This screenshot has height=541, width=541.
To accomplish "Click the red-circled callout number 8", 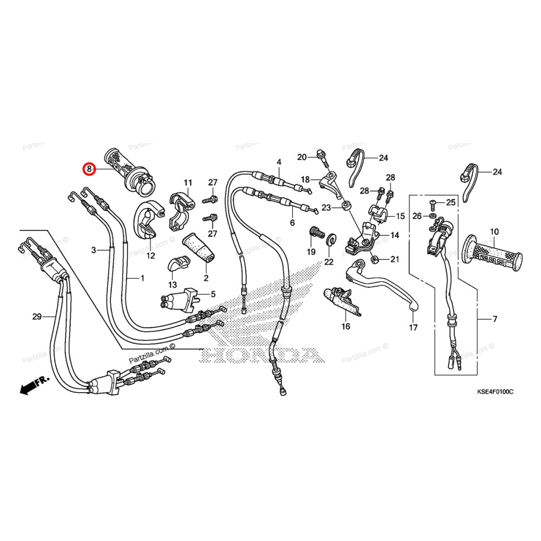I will [x=88, y=169].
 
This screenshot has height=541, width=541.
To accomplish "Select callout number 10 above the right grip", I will [x=494, y=232].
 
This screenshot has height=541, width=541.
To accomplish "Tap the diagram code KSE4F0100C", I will [x=494, y=391].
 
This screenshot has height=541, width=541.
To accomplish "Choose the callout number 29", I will [x=37, y=316].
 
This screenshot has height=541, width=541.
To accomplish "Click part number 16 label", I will [x=346, y=326].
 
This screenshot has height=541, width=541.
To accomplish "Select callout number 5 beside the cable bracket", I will [x=213, y=294].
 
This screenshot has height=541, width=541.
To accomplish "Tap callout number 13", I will [x=172, y=285].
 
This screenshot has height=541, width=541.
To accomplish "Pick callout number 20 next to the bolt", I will [x=302, y=157].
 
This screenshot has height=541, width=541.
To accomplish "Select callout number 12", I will [x=150, y=255].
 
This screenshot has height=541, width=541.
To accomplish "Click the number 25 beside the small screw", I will [x=451, y=202].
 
